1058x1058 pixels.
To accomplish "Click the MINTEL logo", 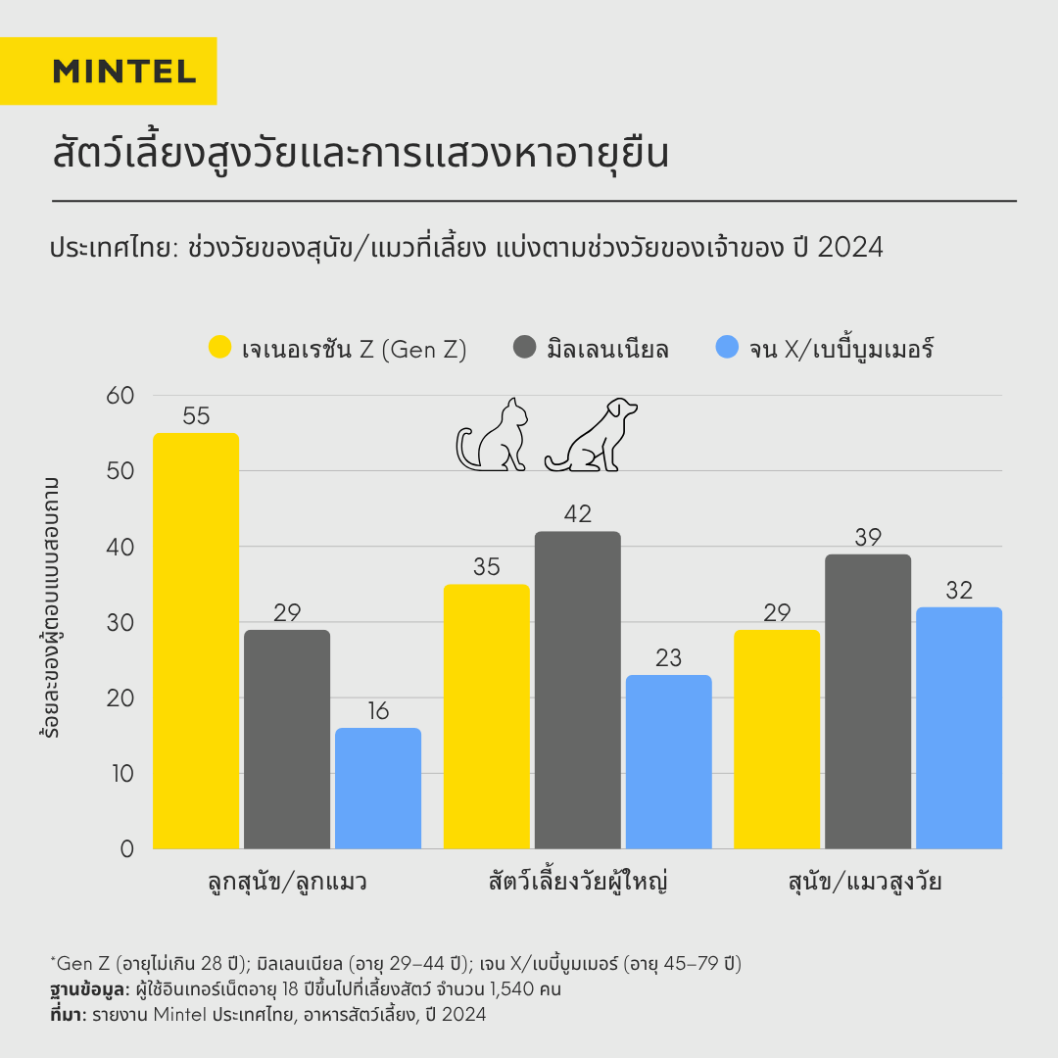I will coord(124,71).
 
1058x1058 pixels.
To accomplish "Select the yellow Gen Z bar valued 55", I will coord(196,642).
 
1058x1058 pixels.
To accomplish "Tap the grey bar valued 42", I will coord(578,691).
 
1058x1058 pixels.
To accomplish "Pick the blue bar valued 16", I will coord(378,789).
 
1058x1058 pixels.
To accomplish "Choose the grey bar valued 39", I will coord(868,701).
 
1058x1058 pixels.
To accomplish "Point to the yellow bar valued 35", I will coord(487,717).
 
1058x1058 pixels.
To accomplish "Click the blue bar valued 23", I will coord(669,762).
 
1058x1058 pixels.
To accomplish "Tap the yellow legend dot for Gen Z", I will coord(219,348).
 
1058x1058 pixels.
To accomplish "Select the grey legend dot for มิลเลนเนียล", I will coord(525,348).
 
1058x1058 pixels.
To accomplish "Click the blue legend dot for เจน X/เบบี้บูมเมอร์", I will coord(728,348).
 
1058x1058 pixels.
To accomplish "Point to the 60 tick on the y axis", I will coord(120,395).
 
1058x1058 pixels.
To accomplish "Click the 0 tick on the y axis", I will coord(127,848).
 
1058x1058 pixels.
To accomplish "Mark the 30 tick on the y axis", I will coord(120,622).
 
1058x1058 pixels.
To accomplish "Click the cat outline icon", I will coord(493,436).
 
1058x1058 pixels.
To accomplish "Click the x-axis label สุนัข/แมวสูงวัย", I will coord(865,882).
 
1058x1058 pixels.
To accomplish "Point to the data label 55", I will coord(196,416).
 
